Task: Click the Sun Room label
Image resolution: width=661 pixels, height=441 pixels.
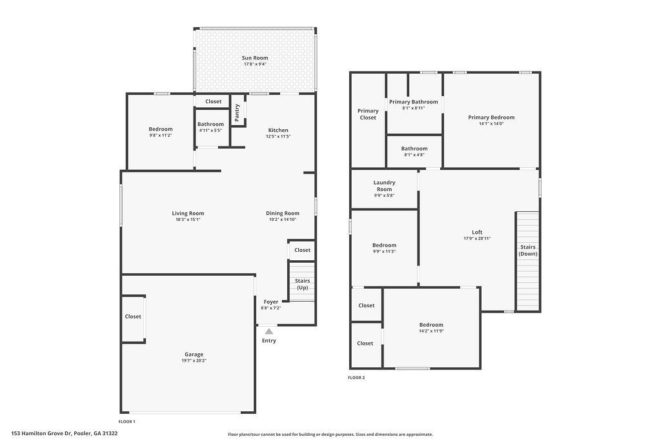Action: tap(255, 58)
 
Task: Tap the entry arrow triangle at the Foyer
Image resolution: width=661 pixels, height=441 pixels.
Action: tap(269, 331)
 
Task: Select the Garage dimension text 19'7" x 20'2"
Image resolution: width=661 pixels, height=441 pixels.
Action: tap(194, 360)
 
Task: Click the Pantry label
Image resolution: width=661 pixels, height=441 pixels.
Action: tap(237, 112)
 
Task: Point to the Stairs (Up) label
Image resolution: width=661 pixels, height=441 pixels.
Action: tap(302, 284)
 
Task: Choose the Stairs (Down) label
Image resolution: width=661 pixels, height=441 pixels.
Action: tap(527, 251)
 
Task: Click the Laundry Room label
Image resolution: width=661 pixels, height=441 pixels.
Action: tap(384, 186)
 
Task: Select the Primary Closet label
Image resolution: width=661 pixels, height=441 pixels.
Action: tap(368, 114)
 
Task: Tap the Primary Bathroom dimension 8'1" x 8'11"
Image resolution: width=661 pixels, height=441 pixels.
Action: tap(413, 108)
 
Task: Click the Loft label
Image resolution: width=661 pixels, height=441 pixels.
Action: tap(477, 232)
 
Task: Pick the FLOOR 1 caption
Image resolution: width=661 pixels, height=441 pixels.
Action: tap(127, 422)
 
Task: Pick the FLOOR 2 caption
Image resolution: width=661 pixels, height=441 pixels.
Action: tap(356, 378)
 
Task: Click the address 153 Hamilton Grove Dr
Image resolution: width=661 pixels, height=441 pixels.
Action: tap(65, 433)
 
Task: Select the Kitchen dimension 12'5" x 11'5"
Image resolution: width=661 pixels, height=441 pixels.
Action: tap(278, 136)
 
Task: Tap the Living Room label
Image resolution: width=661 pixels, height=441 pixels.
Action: tap(188, 213)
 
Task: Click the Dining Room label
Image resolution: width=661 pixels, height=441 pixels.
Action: tap(283, 213)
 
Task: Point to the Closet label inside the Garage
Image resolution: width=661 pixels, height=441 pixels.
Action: tap(133, 316)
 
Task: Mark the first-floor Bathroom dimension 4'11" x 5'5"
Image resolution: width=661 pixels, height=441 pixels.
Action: tap(210, 130)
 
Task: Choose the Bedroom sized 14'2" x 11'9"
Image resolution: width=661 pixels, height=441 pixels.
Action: tap(431, 325)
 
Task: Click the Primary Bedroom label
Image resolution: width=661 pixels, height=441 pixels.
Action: tap(491, 118)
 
